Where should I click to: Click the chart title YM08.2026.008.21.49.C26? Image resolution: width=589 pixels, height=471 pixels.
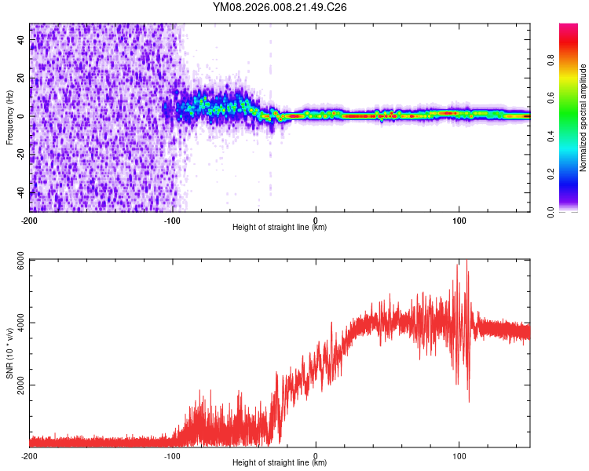click(x=280, y=7)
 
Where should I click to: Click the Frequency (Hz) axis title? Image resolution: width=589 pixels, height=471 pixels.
click(x=9, y=118)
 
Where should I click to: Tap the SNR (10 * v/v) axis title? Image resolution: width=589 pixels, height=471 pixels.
click(x=9, y=353)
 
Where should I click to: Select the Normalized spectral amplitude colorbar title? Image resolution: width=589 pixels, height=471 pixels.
click(x=583, y=118)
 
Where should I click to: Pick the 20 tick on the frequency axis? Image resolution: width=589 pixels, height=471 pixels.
click(x=20, y=78)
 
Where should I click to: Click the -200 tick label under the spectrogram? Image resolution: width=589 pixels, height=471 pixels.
click(x=30, y=220)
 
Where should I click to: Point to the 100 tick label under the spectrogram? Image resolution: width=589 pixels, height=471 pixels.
click(x=459, y=220)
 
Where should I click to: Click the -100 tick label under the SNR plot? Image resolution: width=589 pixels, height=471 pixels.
click(x=173, y=456)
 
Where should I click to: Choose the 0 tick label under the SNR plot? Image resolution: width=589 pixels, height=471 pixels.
click(x=316, y=456)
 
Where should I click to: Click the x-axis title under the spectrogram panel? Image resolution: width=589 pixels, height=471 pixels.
click(x=280, y=228)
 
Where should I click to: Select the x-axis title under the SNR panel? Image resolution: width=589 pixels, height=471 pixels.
click(x=280, y=464)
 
